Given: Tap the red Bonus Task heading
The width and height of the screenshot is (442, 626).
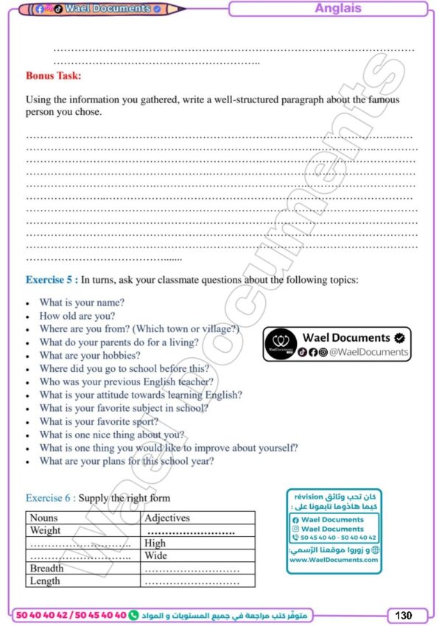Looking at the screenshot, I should (53, 75).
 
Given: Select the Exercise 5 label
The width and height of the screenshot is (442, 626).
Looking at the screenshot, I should (52, 280).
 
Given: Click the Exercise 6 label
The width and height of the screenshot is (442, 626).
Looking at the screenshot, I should (51, 498).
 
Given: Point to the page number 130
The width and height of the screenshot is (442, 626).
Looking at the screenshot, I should (403, 615).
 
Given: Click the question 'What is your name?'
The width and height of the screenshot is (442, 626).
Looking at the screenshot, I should (82, 303).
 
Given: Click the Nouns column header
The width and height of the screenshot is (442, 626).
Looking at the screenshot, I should (44, 518).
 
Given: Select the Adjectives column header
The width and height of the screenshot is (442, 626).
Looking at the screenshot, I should (167, 518).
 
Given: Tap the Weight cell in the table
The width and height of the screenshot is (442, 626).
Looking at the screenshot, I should (46, 531).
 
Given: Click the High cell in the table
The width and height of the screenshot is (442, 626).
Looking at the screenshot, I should (155, 544).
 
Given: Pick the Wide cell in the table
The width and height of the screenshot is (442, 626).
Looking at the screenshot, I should (155, 556).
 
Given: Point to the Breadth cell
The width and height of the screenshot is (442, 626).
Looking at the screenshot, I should (46, 569).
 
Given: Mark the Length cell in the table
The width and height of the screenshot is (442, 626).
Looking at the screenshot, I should (45, 581).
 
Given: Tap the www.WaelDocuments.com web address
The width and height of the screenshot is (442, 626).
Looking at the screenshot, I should (334, 560).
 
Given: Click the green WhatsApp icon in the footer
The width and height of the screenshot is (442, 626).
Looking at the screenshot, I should (133, 615).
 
